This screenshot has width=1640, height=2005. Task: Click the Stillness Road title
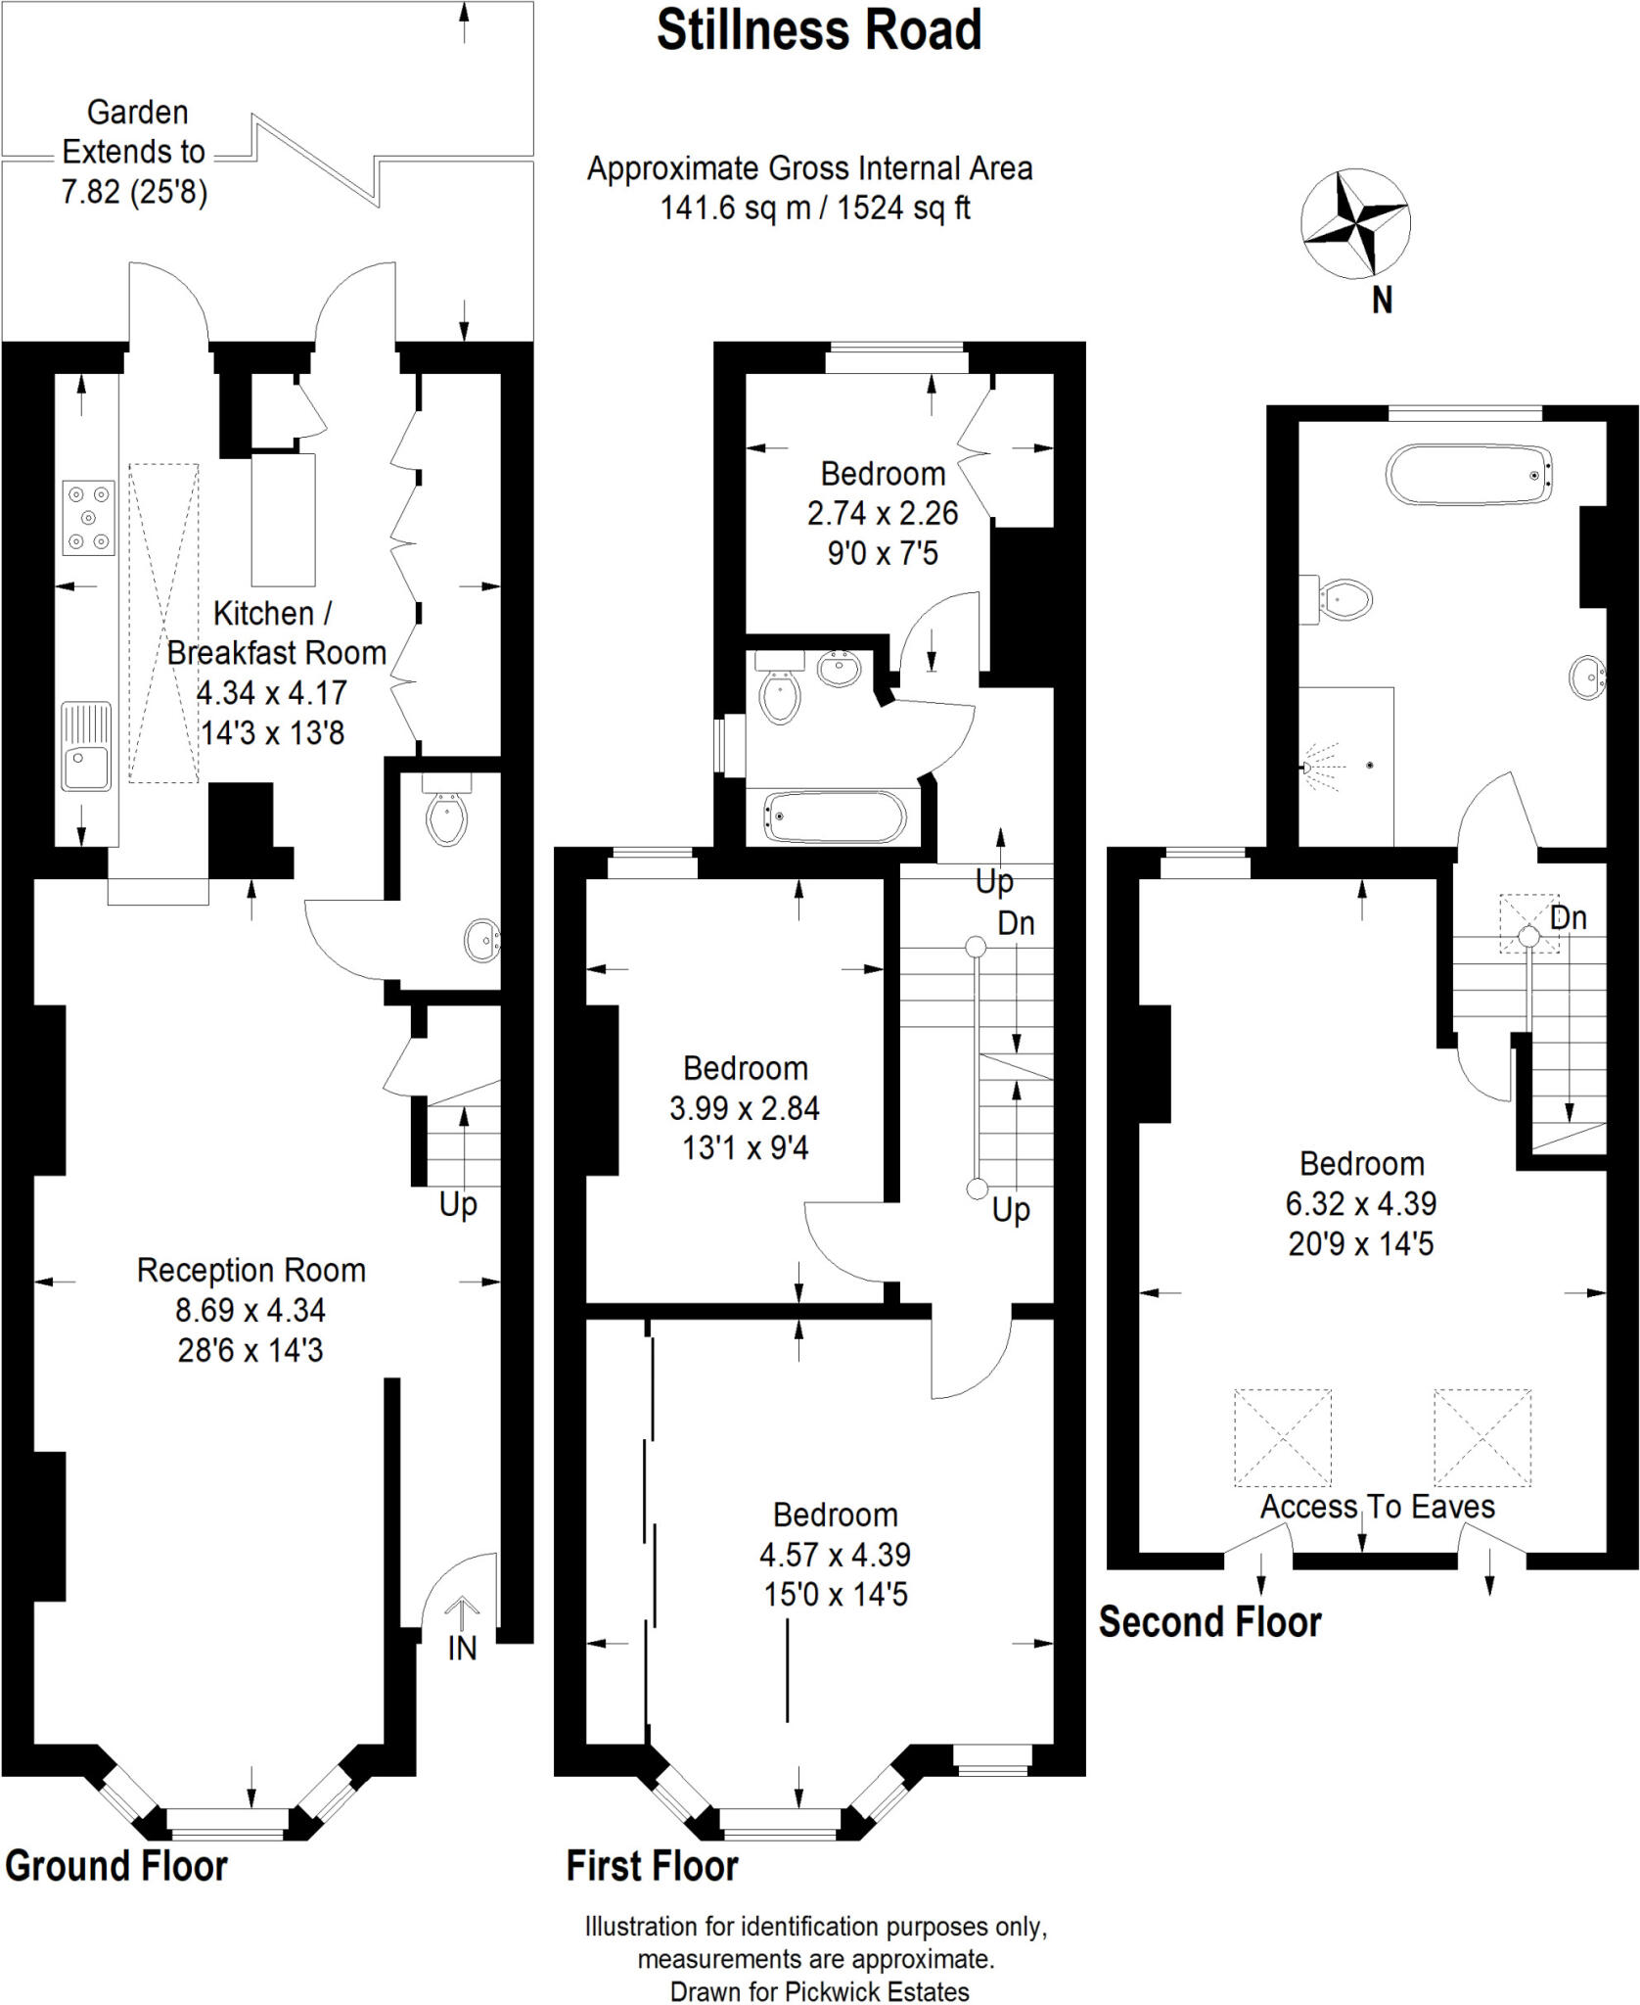point(819,31)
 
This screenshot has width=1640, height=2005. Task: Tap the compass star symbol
point(1354,224)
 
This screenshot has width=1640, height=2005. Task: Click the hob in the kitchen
point(88,518)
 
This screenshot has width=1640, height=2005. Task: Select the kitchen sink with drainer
point(86,746)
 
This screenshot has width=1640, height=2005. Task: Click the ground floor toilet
point(446,816)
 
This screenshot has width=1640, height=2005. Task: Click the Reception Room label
point(251,1271)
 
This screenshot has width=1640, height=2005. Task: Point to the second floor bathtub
point(1469,476)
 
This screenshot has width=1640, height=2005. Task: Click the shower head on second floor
point(1309,768)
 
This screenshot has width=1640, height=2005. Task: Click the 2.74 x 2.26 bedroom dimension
point(882,514)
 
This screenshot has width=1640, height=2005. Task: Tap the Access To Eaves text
point(1377,1507)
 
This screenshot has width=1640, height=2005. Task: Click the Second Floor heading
point(1209,1622)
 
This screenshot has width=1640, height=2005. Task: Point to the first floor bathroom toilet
point(780,691)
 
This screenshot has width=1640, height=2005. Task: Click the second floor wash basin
point(1587,677)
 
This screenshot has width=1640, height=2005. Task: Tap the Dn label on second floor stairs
point(1568,918)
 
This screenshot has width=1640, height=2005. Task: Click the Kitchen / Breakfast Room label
point(276,633)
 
